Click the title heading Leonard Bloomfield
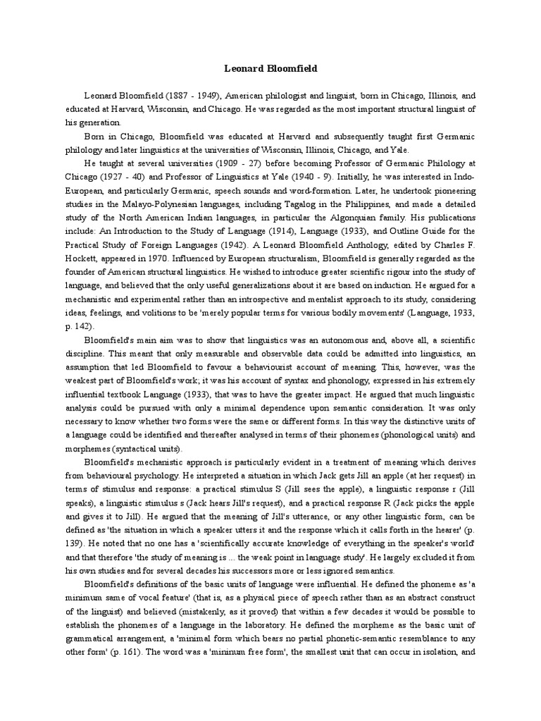pyautogui.click(x=270, y=69)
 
